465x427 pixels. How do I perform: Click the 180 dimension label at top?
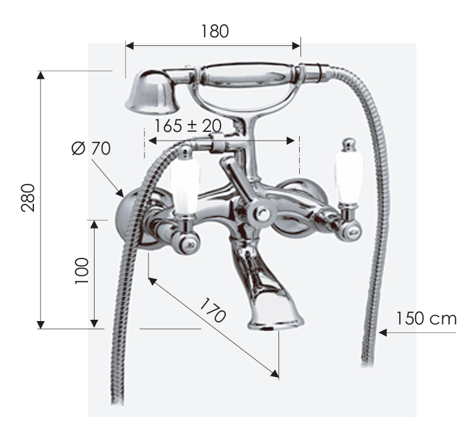click(215, 31)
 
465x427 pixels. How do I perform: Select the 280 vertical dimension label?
click(28, 198)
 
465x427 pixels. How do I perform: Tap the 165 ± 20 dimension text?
click(188, 126)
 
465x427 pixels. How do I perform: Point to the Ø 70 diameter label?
click(91, 149)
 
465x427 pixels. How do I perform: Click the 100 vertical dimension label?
click(81, 271)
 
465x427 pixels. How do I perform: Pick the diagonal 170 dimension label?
click(213, 310)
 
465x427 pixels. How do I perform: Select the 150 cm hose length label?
click(426, 318)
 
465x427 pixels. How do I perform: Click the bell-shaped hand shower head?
click(151, 93)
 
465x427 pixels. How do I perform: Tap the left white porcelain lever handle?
click(185, 187)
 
